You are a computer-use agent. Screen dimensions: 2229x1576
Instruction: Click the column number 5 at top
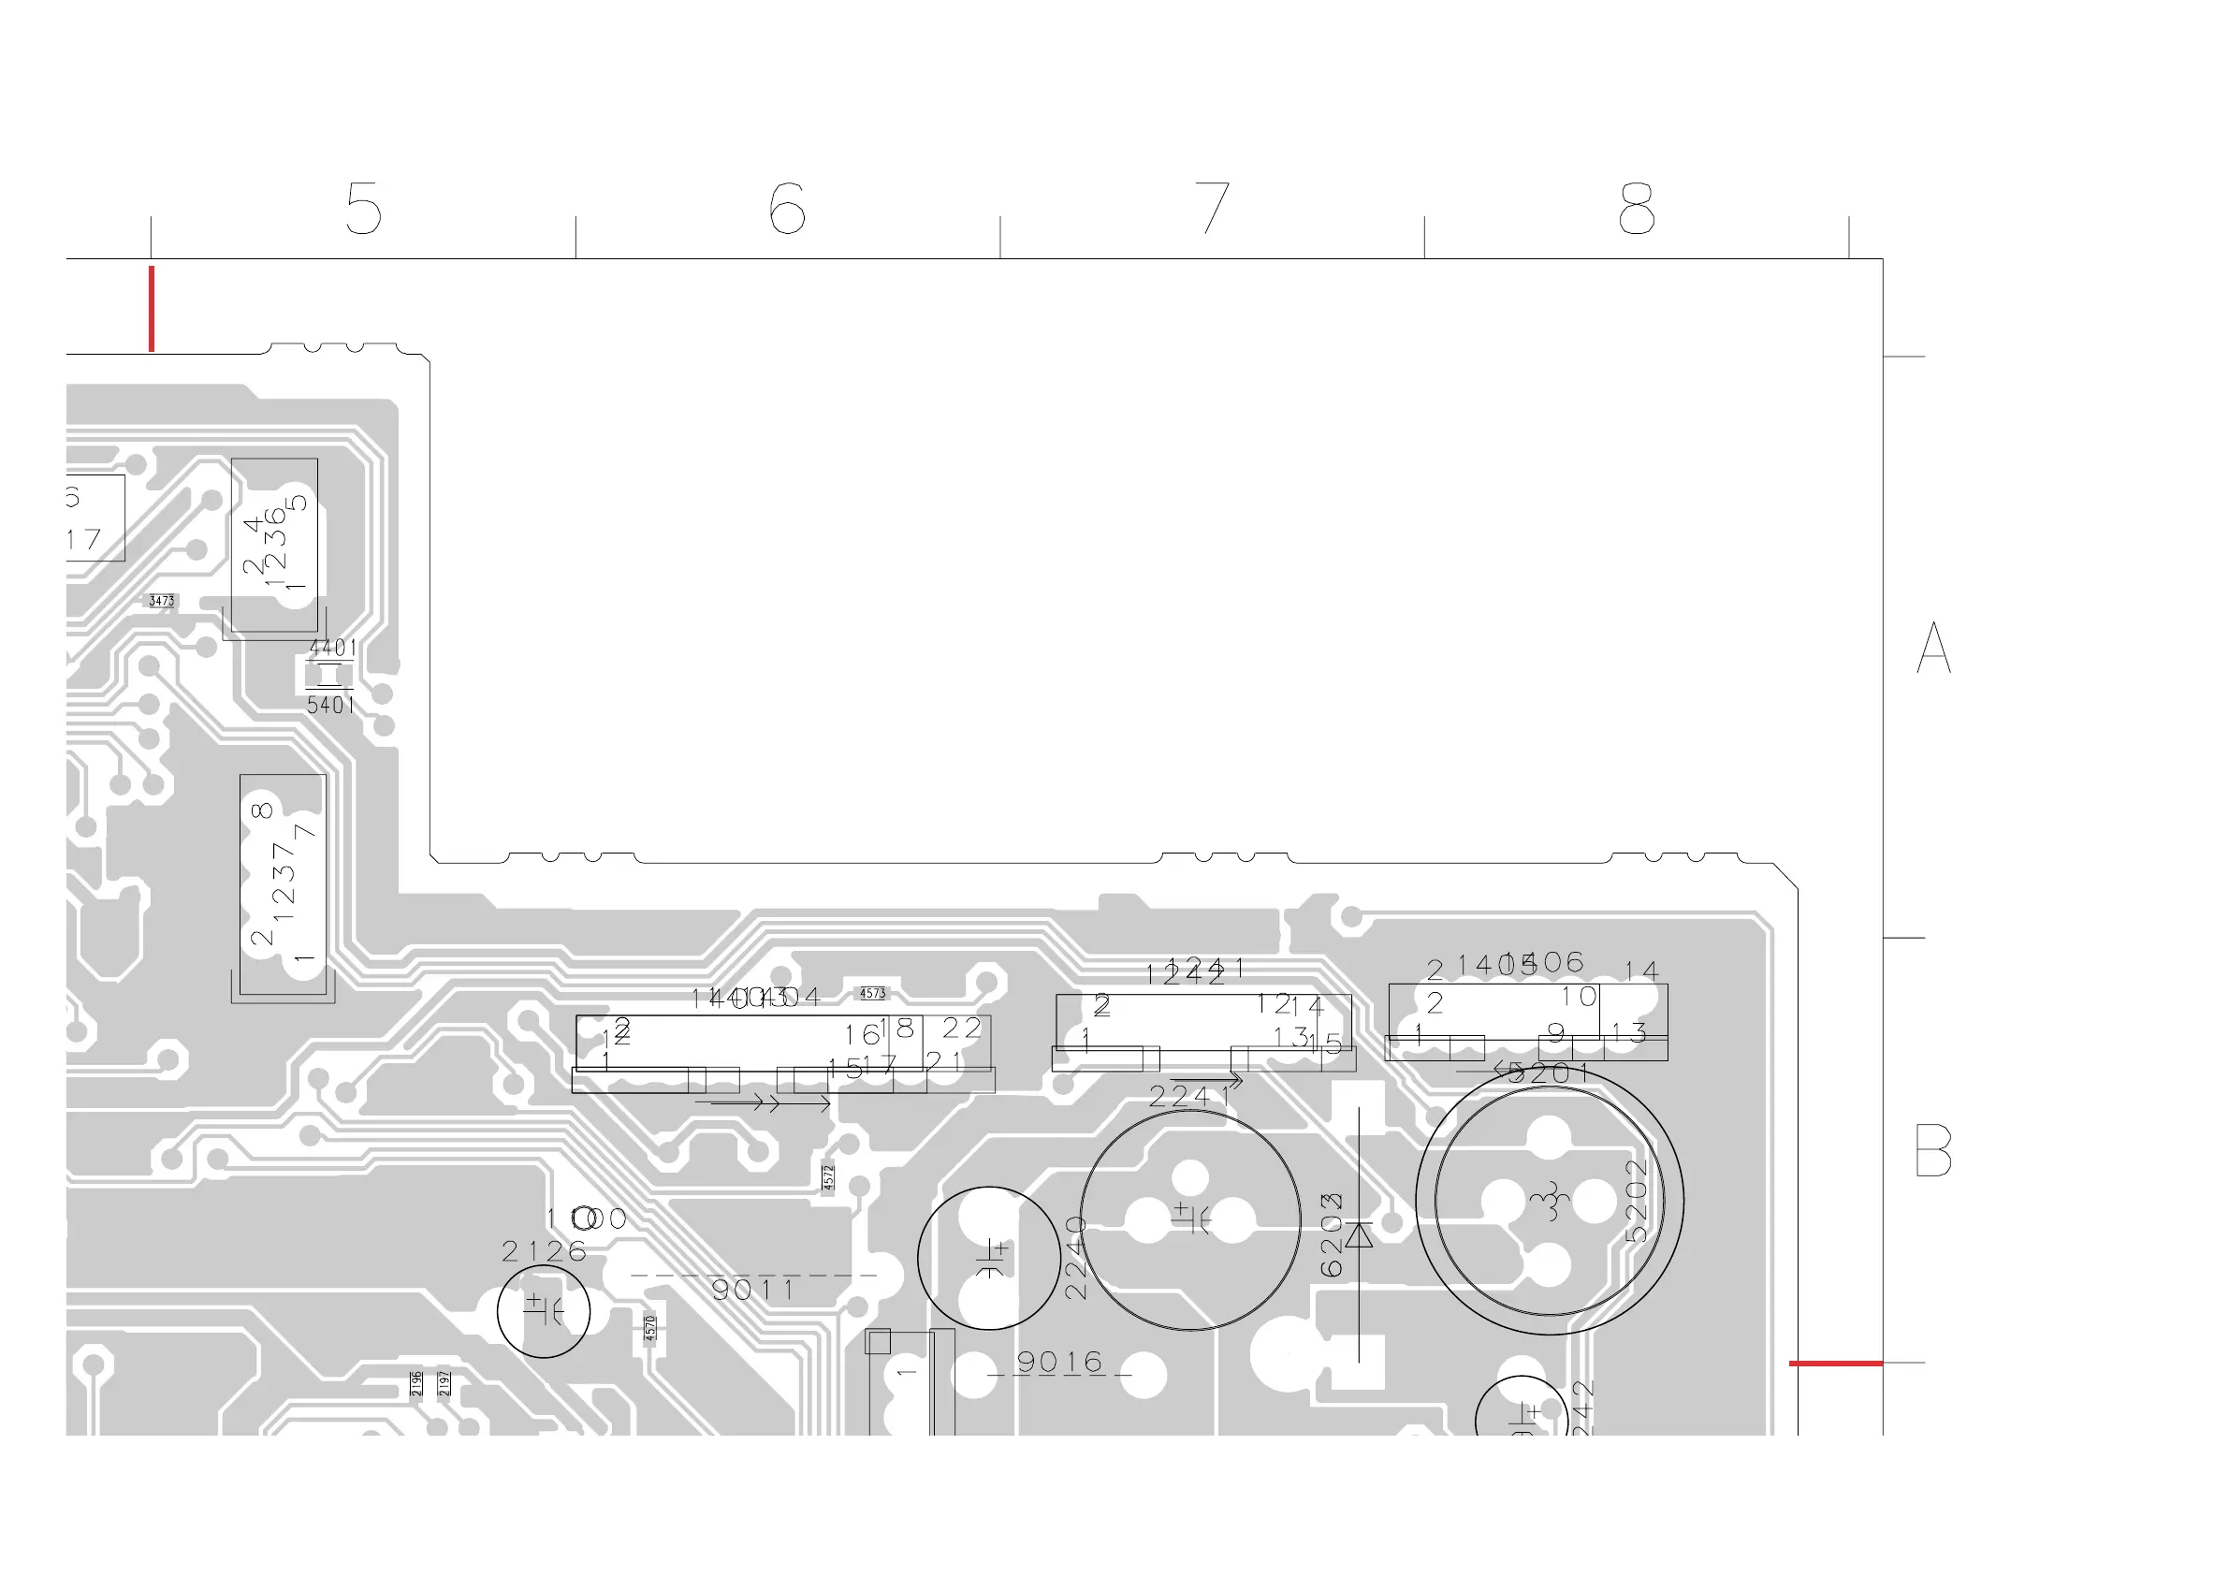[x=364, y=208]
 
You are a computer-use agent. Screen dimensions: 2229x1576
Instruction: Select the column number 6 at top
[x=787, y=208]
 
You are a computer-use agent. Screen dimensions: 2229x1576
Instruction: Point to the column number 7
[x=1213, y=208]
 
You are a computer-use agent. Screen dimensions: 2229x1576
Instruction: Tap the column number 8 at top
[x=1637, y=208]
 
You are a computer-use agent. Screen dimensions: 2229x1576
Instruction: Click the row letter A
[x=1934, y=648]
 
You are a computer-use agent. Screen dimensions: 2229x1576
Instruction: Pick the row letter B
[x=1933, y=1150]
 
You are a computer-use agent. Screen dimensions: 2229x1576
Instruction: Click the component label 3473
[x=162, y=601]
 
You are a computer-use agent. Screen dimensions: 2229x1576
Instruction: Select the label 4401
[x=333, y=648]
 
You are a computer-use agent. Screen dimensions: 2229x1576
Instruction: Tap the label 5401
[x=331, y=706]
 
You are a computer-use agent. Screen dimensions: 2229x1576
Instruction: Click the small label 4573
[x=873, y=993]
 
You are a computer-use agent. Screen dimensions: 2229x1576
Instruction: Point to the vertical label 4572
[x=828, y=1177]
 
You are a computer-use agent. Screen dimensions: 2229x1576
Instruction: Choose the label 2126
[x=545, y=1251]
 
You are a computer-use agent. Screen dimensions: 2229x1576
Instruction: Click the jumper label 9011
[x=753, y=1291]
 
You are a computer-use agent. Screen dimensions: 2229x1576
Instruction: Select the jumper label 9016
[x=1060, y=1363]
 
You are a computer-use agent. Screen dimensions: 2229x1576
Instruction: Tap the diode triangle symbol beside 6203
[x=1359, y=1235]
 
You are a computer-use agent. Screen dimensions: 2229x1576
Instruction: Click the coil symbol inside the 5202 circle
[x=1551, y=1200]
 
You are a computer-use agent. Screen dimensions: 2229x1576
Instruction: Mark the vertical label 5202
[x=1637, y=1200]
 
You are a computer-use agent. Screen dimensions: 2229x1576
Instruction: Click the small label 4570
[x=650, y=1326]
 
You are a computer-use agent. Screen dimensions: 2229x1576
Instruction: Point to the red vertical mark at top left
[x=152, y=309]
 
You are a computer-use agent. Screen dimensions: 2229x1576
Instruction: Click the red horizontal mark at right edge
[x=1835, y=1364]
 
